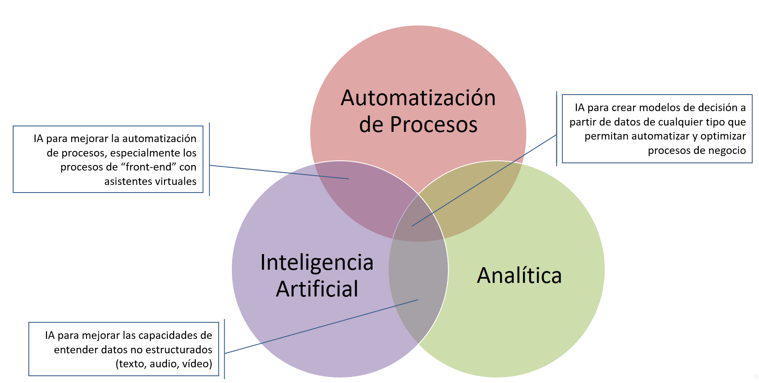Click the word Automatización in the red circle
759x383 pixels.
pyautogui.click(x=418, y=98)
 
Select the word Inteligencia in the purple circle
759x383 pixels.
pyautogui.click(x=317, y=262)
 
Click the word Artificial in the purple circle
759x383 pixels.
pyautogui.click(x=317, y=289)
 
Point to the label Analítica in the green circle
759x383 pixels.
pyautogui.click(x=519, y=275)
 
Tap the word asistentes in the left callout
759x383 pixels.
pyautogui.click(x=125, y=182)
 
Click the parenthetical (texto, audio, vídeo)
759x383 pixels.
pyautogui.click(x=164, y=364)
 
